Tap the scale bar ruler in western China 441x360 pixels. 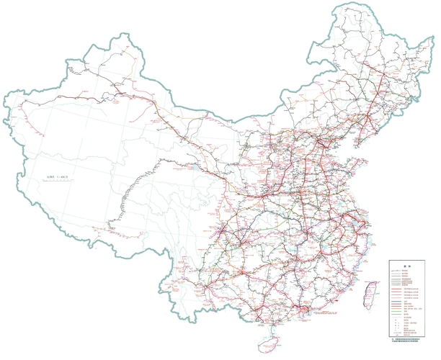(x=58, y=182)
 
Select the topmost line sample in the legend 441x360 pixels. (x=398, y=269)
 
